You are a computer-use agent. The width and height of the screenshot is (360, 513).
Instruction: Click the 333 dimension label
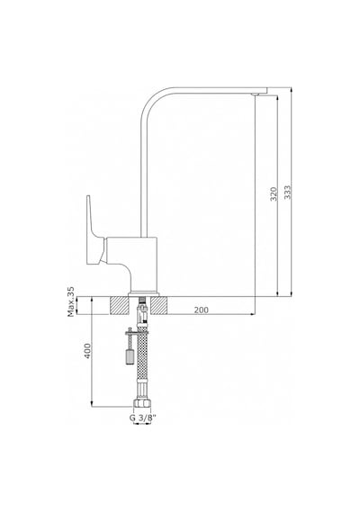[x=287, y=193]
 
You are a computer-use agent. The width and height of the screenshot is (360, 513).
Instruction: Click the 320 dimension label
[x=274, y=193]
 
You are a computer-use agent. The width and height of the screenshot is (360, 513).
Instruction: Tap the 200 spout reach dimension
[x=202, y=310]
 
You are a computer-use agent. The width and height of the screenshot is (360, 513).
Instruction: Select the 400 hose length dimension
[x=87, y=351]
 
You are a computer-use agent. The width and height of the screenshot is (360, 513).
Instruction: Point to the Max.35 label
[x=71, y=302]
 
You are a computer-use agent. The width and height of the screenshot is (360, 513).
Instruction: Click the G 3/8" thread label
[x=143, y=418]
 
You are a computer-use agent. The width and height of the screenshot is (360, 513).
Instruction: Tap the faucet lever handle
[x=94, y=230]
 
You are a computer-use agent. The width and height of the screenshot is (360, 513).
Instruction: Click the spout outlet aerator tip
[x=255, y=94]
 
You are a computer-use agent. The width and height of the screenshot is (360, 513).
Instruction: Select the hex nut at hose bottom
[x=142, y=403]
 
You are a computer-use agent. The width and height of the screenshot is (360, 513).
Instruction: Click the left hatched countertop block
[x=119, y=306]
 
